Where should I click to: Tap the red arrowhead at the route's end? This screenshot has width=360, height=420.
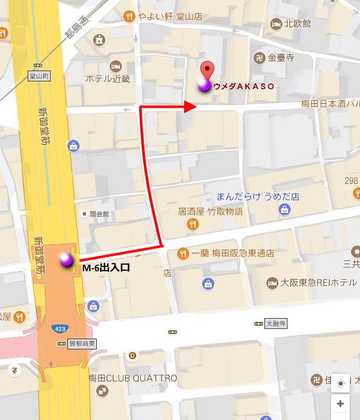click(x=190, y=107)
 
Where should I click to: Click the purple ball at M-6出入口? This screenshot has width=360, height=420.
click(x=66, y=260)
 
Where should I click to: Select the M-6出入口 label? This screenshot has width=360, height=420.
click(x=106, y=268)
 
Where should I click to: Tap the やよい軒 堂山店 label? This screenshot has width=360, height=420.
click(x=165, y=16)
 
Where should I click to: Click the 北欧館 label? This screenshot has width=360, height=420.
click(x=297, y=24)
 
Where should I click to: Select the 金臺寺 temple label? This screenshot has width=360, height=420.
click(x=280, y=57)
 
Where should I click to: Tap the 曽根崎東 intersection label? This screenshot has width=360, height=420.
click(x=81, y=344)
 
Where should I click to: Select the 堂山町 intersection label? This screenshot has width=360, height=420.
click(x=39, y=76)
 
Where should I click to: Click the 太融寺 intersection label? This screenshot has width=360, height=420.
click(x=276, y=324)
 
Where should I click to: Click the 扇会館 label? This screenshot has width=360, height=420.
click(x=101, y=214)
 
